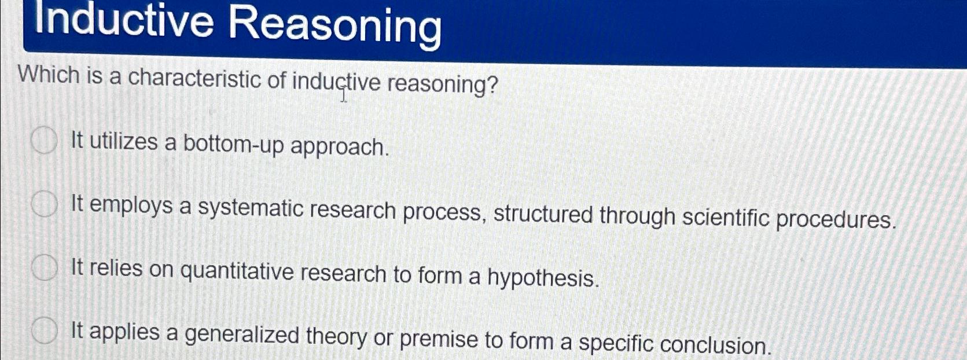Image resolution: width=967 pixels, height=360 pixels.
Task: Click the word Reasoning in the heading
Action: (x=334, y=26)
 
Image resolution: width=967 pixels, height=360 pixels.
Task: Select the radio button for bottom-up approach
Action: (x=44, y=141)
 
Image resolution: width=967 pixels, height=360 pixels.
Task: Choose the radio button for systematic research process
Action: (x=44, y=204)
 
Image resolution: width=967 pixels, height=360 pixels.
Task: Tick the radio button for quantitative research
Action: (x=44, y=268)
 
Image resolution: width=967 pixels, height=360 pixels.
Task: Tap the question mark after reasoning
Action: (x=492, y=86)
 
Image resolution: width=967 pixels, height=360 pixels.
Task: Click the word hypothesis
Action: (x=542, y=278)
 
